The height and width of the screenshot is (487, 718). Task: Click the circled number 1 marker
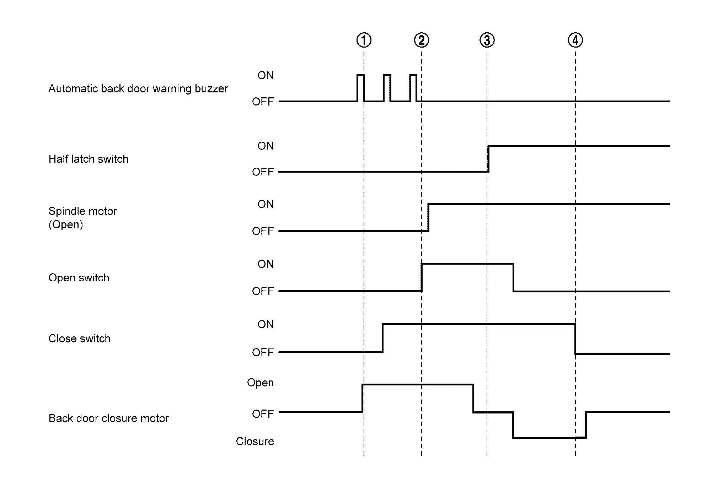364,40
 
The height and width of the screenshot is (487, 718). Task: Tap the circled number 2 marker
421,40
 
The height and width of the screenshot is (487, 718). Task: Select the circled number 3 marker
487,40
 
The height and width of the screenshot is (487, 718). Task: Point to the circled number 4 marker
575,40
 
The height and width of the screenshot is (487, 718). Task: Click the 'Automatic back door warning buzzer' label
138,88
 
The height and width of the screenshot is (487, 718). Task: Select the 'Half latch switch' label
88,159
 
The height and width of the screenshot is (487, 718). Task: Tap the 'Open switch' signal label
79,277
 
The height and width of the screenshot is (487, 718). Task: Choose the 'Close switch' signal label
79,338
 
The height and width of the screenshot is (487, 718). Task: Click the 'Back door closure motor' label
108,418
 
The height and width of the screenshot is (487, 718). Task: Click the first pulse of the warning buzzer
360,88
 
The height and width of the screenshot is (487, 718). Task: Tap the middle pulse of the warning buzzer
387,88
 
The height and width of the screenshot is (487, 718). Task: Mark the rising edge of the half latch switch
488,159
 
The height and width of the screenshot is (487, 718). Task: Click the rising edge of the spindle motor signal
428,217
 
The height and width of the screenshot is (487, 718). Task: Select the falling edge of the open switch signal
513,277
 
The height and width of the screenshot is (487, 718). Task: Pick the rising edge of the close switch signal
382,338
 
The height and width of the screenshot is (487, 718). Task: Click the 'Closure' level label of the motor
255,441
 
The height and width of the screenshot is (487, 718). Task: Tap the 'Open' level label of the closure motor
260,383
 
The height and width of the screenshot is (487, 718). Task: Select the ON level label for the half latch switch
266,146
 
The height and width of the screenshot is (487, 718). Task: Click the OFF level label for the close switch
263,352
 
